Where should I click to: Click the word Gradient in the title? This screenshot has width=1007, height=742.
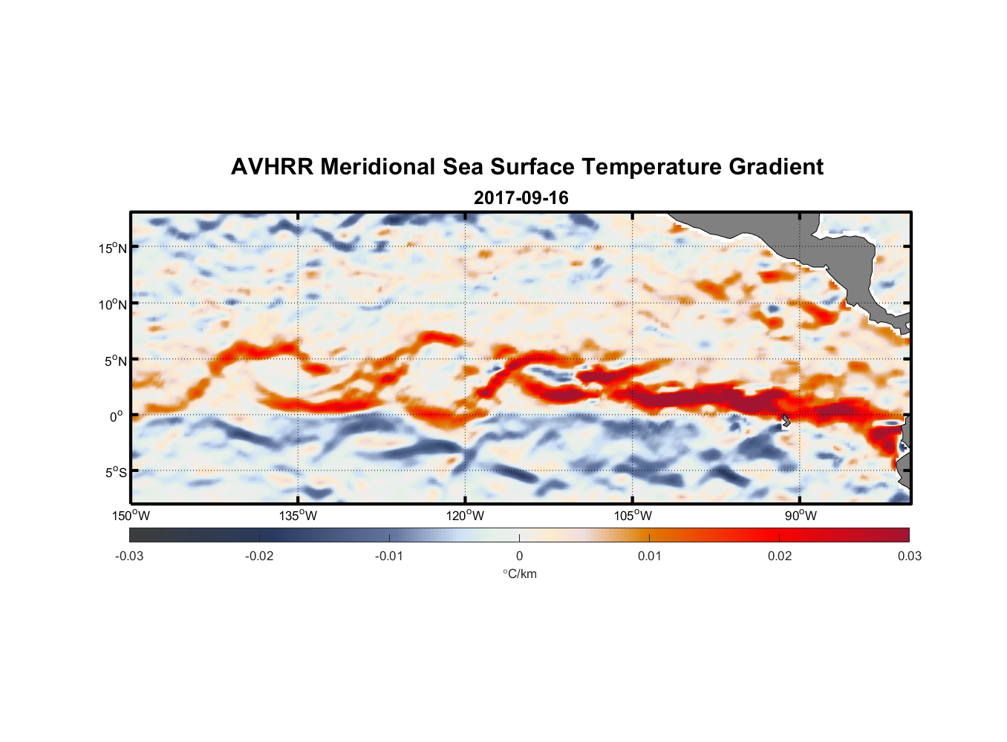click(776, 167)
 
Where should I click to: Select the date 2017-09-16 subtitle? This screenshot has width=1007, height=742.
click(521, 198)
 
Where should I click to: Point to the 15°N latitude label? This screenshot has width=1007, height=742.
click(112, 248)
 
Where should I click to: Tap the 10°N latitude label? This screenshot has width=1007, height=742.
click(112, 304)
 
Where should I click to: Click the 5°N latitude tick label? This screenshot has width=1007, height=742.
click(114, 361)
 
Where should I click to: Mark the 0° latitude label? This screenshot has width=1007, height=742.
click(117, 416)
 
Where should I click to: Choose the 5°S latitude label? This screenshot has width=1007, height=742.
click(115, 472)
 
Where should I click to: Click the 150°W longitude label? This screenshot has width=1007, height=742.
click(131, 516)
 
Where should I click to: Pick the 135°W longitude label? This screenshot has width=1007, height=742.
click(299, 516)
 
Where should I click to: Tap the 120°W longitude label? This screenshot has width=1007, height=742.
click(466, 516)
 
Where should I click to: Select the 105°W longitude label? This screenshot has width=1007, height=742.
click(633, 516)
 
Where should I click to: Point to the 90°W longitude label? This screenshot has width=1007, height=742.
click(801, 516)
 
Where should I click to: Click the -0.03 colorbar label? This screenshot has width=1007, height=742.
click(129, 556)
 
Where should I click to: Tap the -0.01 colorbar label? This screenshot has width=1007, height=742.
click(389, 556)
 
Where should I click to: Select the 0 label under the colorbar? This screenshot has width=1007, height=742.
click(519, 556)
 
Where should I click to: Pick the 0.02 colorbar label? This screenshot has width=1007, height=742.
click(780, 556)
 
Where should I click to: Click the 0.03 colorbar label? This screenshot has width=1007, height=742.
click(909, 556)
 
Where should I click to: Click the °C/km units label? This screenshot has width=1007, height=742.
click(520, 574)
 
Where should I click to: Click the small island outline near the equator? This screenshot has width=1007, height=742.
click(786, 420)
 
